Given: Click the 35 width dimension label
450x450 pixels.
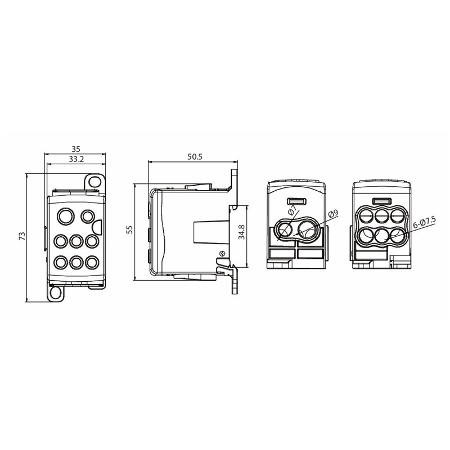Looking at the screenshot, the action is tap(76, 149).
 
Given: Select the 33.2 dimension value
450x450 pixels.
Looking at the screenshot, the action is tap(76, 159).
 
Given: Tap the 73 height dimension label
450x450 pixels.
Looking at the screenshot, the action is tap(22, 236).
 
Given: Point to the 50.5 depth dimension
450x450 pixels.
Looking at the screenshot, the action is tap(195, 157).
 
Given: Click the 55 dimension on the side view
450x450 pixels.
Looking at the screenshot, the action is tap(130, 229).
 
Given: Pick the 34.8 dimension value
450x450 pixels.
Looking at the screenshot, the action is tap(242, 232).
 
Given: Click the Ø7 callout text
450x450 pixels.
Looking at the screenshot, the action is tap(292, 210).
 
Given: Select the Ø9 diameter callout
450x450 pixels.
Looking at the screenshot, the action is tap(333, 214).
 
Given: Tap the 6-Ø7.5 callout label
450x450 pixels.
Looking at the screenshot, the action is tap(425, 222).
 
